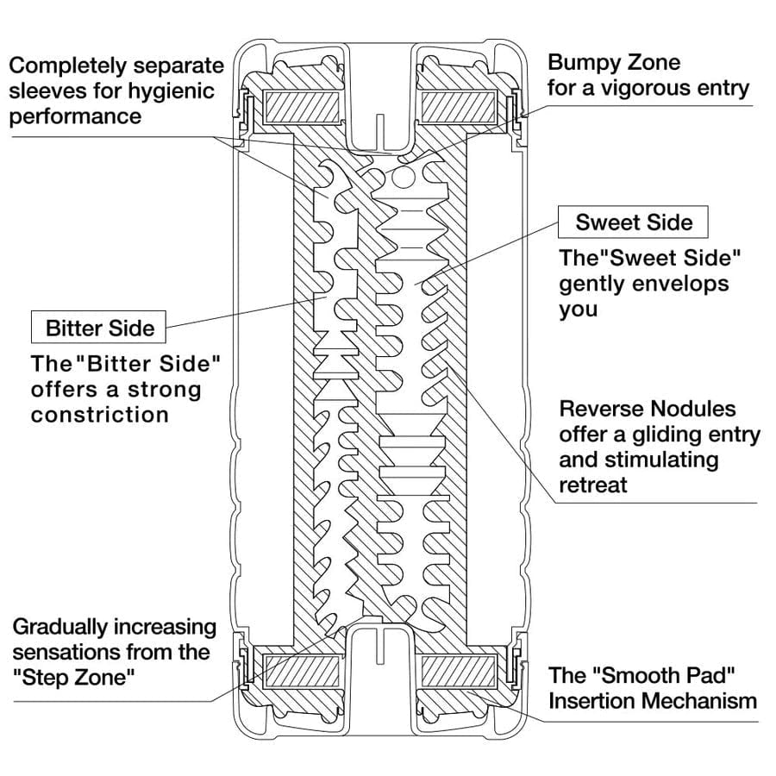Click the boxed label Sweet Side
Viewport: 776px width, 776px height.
(x=634, y=222)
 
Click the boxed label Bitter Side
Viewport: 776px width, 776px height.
(x=100, y=329)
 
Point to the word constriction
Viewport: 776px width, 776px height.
(x=99, y=415)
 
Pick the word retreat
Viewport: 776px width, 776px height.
(x=593, y=485)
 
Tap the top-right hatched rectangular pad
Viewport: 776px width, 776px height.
(x=458, y=108)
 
